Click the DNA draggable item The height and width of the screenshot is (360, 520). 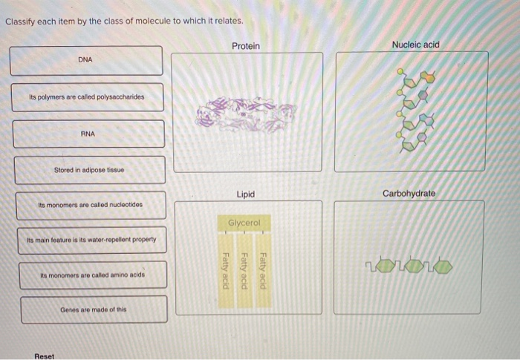pos(86,60)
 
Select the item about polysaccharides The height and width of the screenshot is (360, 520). pos(87,96)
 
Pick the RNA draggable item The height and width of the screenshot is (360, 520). pos(88,134)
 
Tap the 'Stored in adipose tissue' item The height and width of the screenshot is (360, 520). pos(90,169)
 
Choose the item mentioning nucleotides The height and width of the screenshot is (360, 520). pos(91,205)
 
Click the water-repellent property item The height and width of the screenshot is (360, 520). pos(91,240)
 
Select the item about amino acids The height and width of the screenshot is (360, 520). pos(93,275)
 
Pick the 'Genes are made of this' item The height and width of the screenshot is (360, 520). pos(94,310)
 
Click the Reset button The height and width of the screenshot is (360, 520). pos(45,356)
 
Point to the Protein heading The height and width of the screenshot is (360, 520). pos(246,46)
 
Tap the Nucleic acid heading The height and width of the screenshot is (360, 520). pos(415,45)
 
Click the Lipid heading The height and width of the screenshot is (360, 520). pos(246,194)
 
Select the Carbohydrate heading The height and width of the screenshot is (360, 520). pos(409,194)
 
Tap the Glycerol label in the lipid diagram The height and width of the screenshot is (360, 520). pos(244,223)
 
